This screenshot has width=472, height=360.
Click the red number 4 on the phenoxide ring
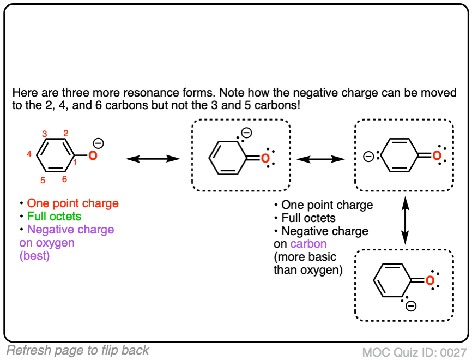(x=29, y=155)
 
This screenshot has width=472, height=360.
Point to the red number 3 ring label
(x=45, y=133)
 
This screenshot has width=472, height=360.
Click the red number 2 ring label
(x=65, y=133)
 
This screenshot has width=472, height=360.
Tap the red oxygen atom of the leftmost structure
(x=93, y=157)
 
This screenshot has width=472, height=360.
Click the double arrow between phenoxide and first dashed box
(x=153, y=158)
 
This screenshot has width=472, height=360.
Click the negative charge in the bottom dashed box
(x=411, y=306)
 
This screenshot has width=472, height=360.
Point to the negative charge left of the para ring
(x=369, y=157)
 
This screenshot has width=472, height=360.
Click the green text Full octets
(x=54, y=217)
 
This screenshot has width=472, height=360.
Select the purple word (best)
(x=34, y=256)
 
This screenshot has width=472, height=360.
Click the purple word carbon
(x=308, y=244)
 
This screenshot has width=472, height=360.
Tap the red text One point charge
(x=72, y=203)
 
